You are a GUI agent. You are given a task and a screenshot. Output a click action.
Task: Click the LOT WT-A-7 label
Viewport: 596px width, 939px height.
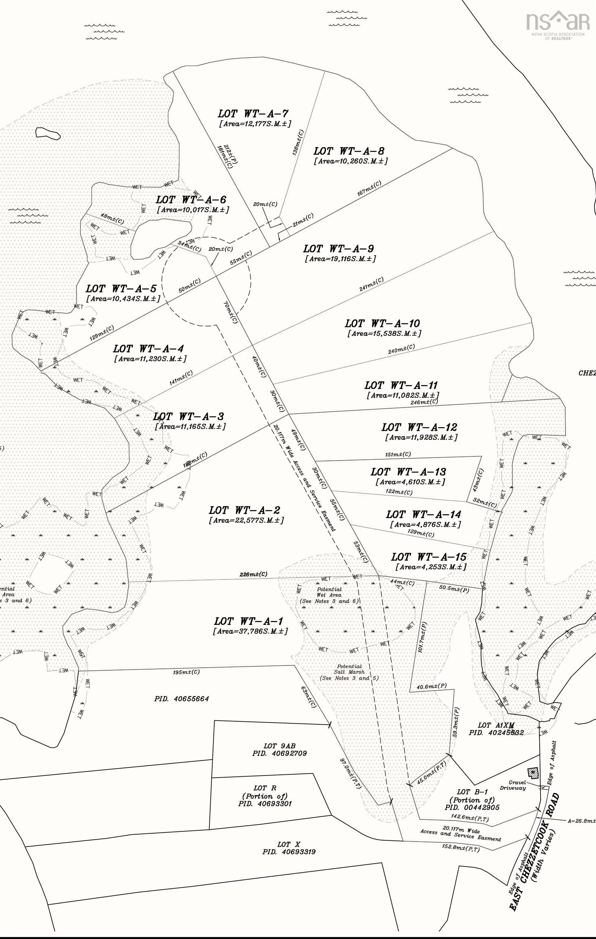253,114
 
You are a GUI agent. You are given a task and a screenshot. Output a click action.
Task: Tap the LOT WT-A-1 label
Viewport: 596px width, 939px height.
248,622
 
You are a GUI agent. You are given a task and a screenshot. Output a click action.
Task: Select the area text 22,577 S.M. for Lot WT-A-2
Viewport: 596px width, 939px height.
246,520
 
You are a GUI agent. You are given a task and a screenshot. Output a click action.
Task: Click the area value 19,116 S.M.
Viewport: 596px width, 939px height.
340,259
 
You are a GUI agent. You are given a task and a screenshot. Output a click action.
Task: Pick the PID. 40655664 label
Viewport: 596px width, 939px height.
182,699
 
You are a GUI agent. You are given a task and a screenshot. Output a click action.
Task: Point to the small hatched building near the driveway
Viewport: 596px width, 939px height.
532,772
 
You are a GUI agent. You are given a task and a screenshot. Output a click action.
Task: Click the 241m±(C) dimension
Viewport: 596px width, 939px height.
371,284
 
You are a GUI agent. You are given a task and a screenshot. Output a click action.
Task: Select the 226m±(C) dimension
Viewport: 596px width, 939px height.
253,575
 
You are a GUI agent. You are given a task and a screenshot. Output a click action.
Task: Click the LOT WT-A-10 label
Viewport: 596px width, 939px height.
382,324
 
